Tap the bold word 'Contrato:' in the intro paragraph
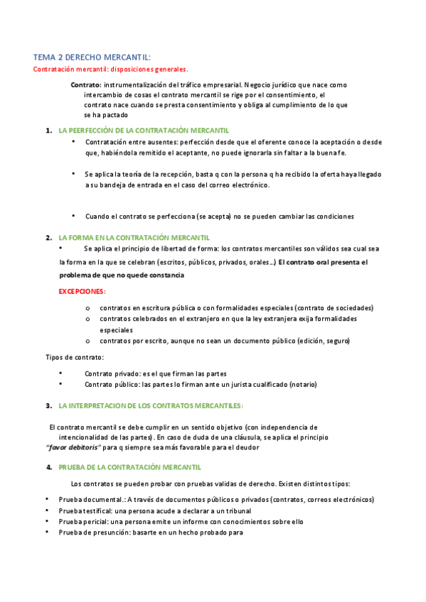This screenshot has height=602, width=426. [x=85, y=85]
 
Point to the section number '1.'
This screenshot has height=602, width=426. [x=48, y=131]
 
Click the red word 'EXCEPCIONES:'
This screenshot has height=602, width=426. [x=82, y=292]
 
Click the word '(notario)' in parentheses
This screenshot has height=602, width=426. [x=302, y=384]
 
